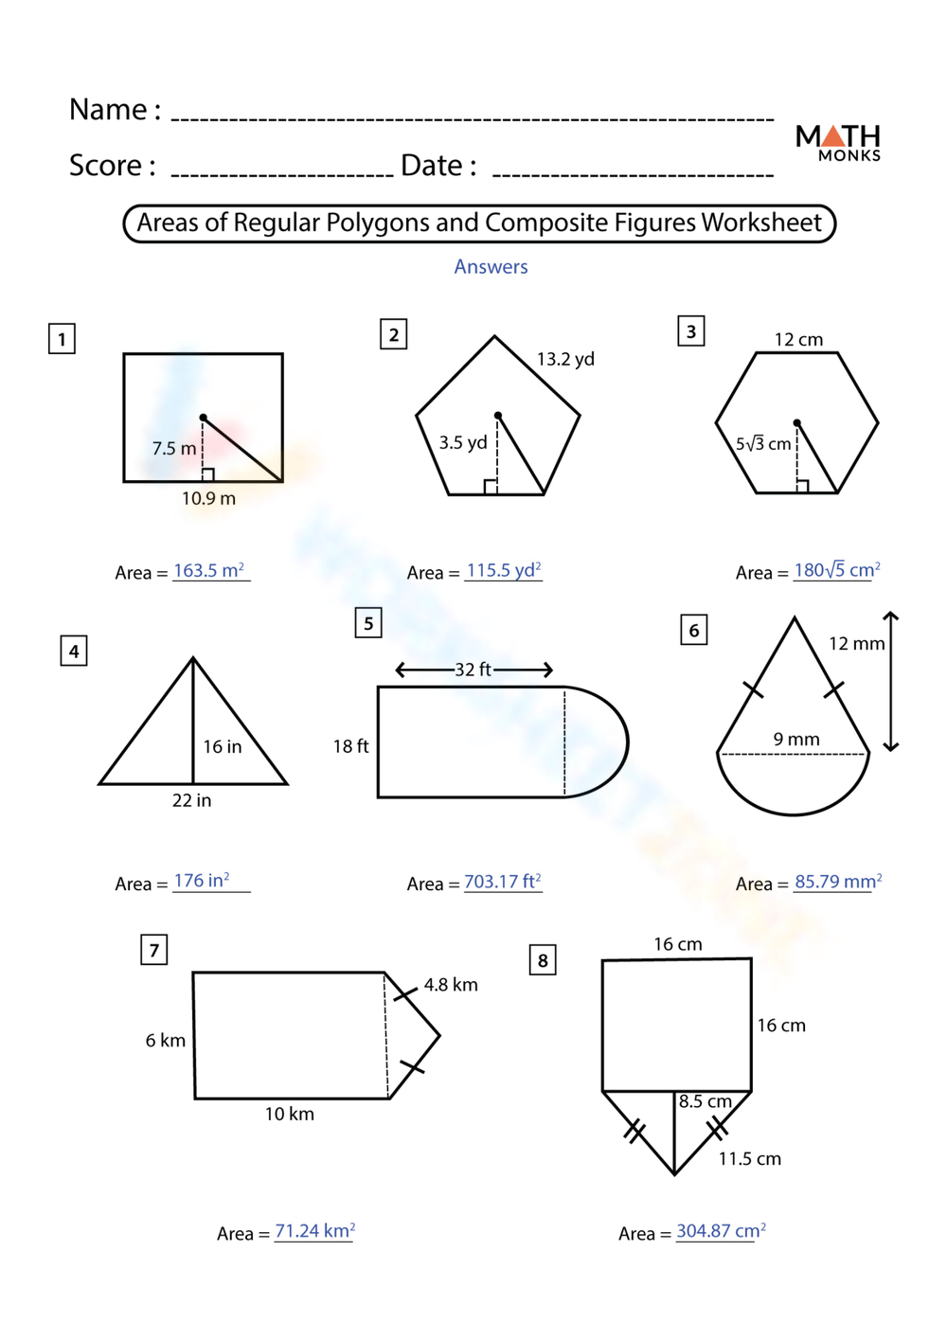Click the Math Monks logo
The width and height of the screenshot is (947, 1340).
(x=838, y=142)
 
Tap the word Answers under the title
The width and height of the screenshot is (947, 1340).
(x=491, y=267)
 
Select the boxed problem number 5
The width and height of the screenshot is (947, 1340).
(x=368, y=623)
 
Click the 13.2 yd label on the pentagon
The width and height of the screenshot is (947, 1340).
(x=565, y=359)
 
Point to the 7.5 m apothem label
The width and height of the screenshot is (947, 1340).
(x=174, y=448)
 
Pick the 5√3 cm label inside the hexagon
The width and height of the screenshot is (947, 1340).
(x=763, y=443)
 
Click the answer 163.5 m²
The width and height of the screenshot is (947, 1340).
(x=209, y=571)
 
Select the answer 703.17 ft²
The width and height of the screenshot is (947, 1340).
(x=502, y=882)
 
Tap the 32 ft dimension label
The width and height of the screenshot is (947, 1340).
(x=473, y=670)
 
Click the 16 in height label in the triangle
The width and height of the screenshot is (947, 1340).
(x=223, y=746)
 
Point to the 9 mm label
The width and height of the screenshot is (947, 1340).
(x=796, y=739)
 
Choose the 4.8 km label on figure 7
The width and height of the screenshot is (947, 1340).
(x=451, y=985)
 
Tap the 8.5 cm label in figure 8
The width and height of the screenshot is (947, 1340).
(x=706, y=1101)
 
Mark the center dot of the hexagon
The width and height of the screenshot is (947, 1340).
(x=797, y=423)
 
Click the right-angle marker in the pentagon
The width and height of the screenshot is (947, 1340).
(x=491, y=487)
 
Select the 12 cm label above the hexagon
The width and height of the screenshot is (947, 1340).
(x=798, y=339)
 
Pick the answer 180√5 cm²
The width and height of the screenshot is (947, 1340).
(x=836, y=570)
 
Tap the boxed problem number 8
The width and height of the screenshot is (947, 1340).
(x=543, y=960)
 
